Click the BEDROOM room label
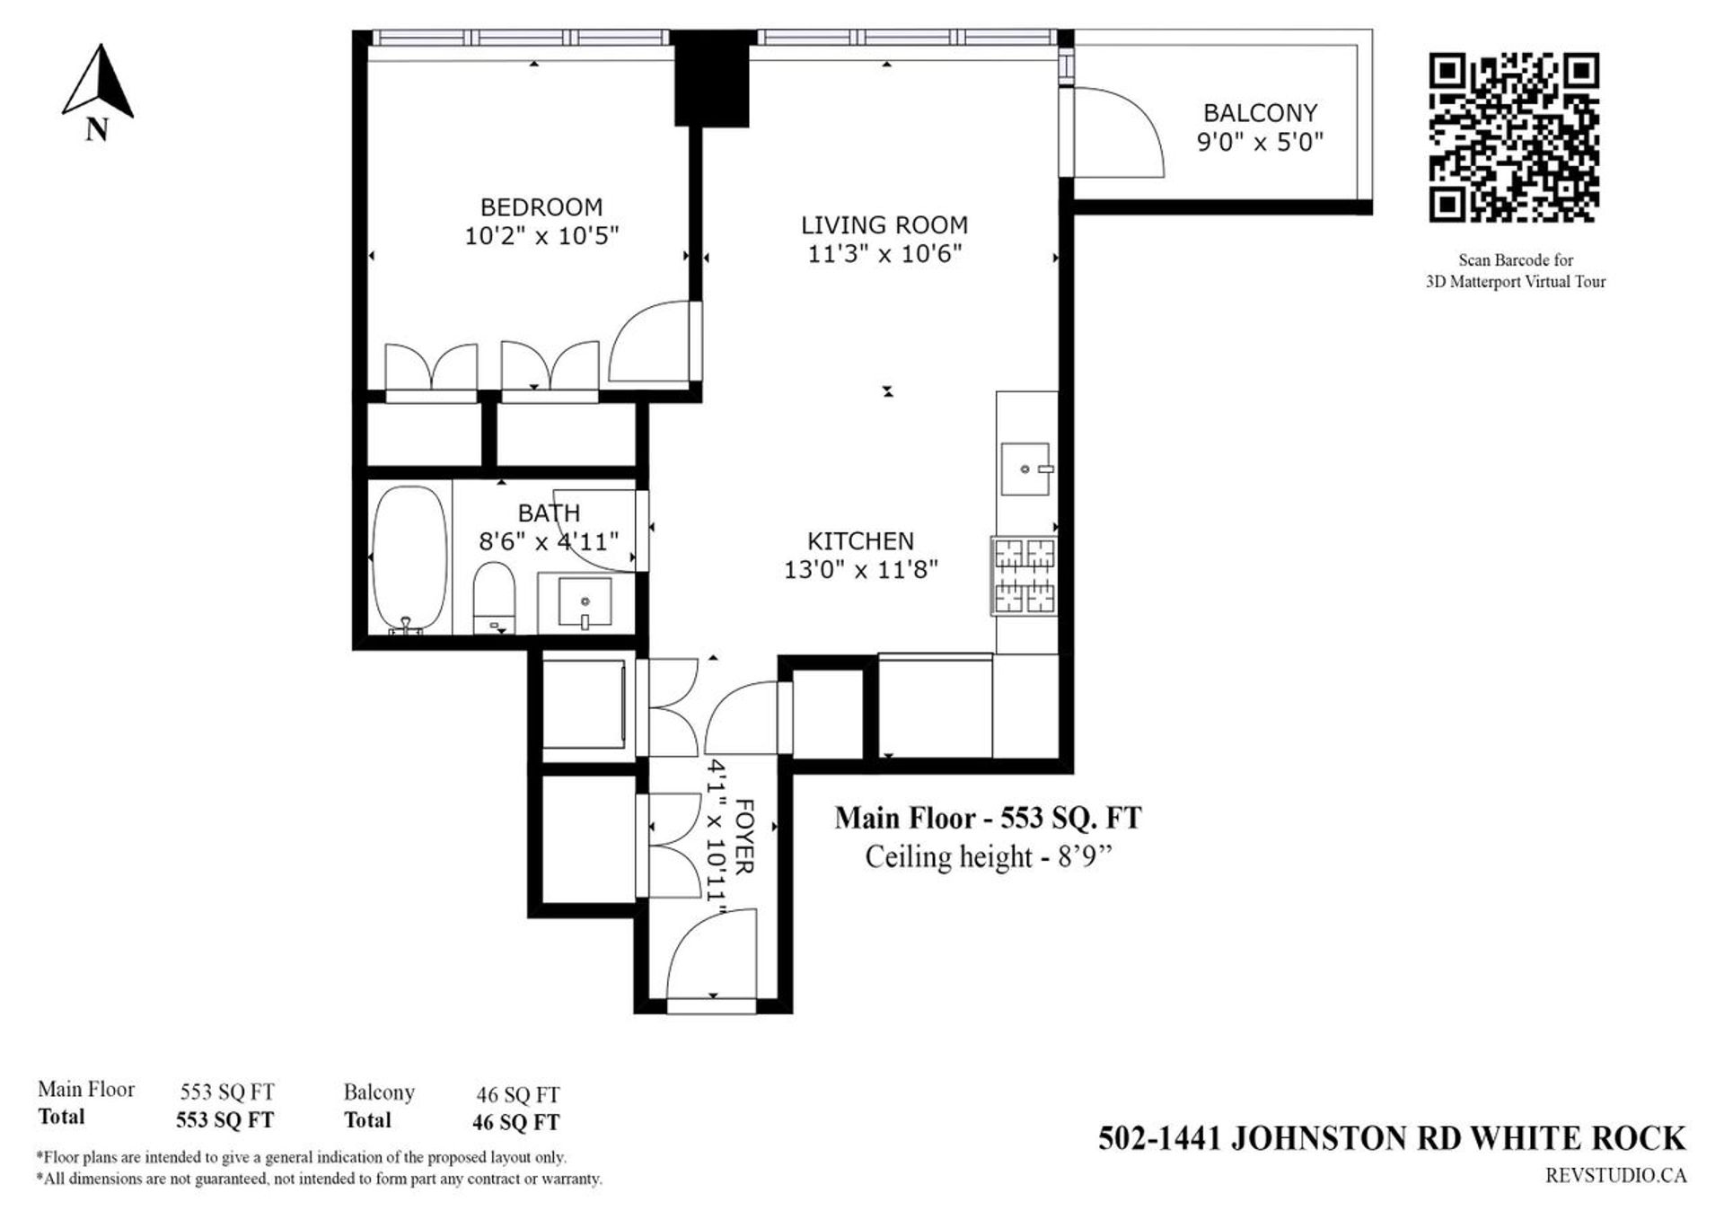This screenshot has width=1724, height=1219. coord(541,207)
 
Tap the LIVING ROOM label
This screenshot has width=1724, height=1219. coord(884,225)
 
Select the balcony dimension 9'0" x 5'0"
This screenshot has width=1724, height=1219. coord(1260,142)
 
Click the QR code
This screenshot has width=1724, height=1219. coord(1514,137)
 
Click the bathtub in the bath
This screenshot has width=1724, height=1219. coord(409,559)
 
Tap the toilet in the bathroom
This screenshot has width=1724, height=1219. coord(493,597)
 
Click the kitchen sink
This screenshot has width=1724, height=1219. coord(1026,469)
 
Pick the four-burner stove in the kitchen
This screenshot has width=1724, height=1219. coord(1024,575)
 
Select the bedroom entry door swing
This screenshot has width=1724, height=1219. coord(651,342)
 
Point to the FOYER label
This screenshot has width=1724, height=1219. coord(744,836)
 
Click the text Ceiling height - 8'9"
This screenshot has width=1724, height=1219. coord(989,857)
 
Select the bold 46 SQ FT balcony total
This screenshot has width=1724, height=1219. coord(515,1122)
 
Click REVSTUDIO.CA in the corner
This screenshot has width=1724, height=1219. coord(1615,1175)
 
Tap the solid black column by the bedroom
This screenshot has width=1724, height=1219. coord(711,79)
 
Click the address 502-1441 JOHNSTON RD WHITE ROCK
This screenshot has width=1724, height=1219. coord(1392,1138)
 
